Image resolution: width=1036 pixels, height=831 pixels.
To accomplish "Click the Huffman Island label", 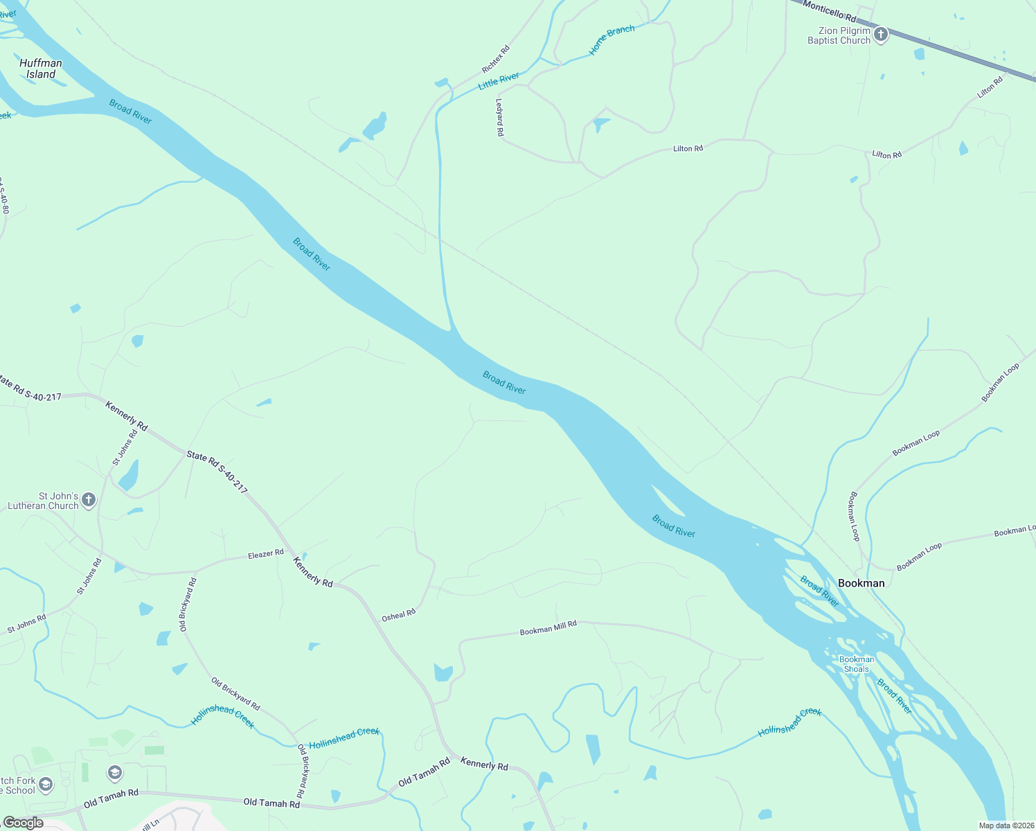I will point(41,69).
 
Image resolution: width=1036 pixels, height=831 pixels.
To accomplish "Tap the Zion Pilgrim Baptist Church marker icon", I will point(881,34).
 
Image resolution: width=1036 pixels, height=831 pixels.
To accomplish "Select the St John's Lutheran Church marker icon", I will point(89,499).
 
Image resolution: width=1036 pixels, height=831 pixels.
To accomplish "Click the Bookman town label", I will point(861,583).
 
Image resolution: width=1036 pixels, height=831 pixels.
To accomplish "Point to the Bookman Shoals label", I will point(857,664).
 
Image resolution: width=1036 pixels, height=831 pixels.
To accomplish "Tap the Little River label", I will point(499,81).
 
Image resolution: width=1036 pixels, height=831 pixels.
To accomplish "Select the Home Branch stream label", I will point(611,40).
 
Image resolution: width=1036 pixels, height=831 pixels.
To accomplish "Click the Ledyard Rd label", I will point(499,116).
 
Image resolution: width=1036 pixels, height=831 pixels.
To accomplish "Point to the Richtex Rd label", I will point(496,60).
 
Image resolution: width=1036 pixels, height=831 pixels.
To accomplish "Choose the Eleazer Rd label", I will point(266,554).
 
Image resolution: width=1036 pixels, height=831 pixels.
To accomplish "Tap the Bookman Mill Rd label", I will point(548,628).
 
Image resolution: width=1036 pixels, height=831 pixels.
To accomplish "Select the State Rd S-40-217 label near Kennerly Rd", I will point(217,472).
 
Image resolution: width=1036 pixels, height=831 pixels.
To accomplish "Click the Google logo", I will point(24,823).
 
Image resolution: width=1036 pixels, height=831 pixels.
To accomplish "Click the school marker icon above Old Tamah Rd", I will point(114,772).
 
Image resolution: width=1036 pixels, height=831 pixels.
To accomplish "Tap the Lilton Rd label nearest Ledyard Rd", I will point(688,149).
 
